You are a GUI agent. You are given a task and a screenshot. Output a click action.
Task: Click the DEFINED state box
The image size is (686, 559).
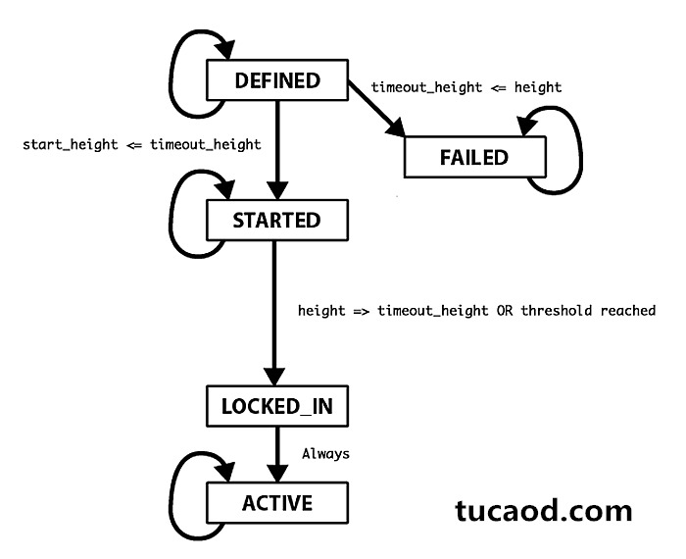277,80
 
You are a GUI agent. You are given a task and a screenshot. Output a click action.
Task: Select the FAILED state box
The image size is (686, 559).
475,157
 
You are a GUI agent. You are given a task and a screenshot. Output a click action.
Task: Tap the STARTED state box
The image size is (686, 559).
277,221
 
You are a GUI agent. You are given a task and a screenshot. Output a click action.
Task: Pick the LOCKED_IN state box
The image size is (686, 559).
277,406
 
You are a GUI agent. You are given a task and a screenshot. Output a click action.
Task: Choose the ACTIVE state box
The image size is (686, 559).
277,503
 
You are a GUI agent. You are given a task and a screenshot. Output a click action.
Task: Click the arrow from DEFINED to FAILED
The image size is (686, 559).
376,108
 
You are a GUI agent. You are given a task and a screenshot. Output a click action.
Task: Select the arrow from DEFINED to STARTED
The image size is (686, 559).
277,150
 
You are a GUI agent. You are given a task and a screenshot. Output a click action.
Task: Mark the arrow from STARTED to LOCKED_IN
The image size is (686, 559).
274,313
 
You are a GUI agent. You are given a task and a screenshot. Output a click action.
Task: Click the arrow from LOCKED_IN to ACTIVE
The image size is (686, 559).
277,454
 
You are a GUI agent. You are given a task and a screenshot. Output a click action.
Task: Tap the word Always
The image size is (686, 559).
326,454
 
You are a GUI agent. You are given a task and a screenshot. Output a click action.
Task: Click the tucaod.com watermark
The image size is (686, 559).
543,510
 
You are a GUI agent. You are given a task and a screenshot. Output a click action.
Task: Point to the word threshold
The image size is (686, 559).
557,310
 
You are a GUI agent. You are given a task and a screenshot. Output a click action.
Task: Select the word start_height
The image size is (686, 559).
71,144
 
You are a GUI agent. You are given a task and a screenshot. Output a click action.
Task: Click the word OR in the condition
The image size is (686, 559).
505,311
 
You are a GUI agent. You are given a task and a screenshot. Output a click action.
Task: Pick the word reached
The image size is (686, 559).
628,310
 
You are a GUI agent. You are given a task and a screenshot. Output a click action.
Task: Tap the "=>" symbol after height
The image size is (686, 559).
362,311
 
